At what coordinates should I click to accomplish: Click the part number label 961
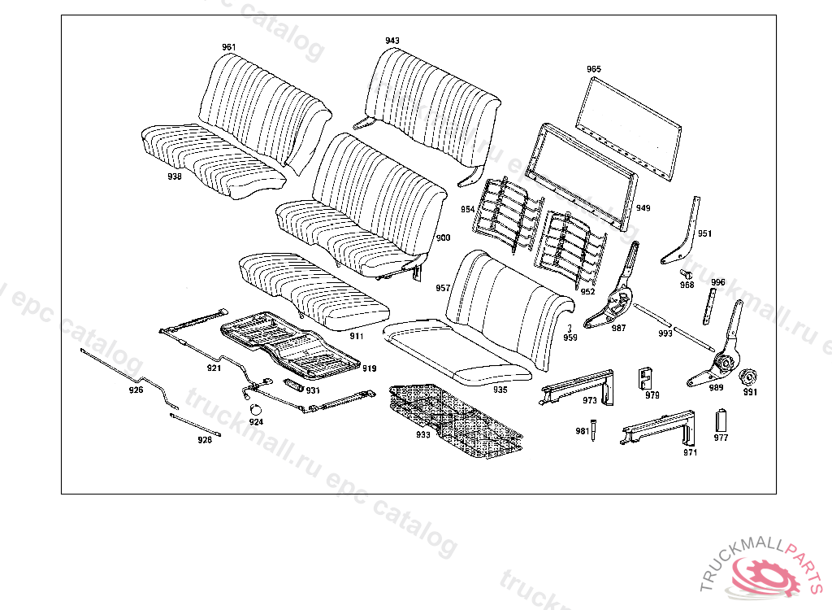coord(229,47)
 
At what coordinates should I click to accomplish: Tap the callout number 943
coord(392,40)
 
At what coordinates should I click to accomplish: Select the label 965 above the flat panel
coord(594,70)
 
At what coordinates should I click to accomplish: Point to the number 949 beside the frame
coord(643,208)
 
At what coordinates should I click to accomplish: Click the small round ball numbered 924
coord(254,408)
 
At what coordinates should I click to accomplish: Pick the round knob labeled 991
coord(747,377)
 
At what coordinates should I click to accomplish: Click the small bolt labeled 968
coord(686,272)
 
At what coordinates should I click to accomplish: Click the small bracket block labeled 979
coord(648,377)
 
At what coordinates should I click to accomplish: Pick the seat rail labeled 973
coord(578,384)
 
